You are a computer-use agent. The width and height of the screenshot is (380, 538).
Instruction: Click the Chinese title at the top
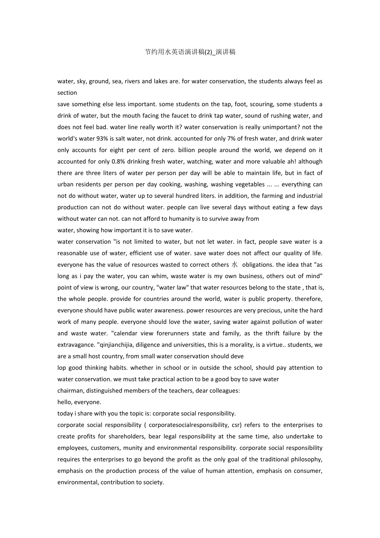click(190, 52)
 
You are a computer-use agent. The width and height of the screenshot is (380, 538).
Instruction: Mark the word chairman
click(70, 390)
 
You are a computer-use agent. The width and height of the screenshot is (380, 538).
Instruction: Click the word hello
click(66, 402)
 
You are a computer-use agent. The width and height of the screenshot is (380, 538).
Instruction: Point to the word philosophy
click(306, 459)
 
